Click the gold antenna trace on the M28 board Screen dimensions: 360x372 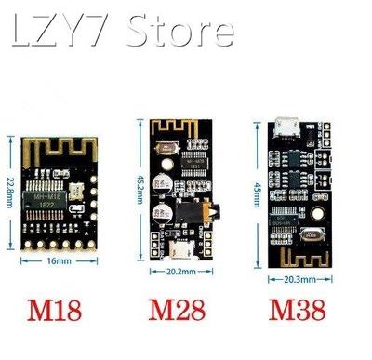(181, 127)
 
